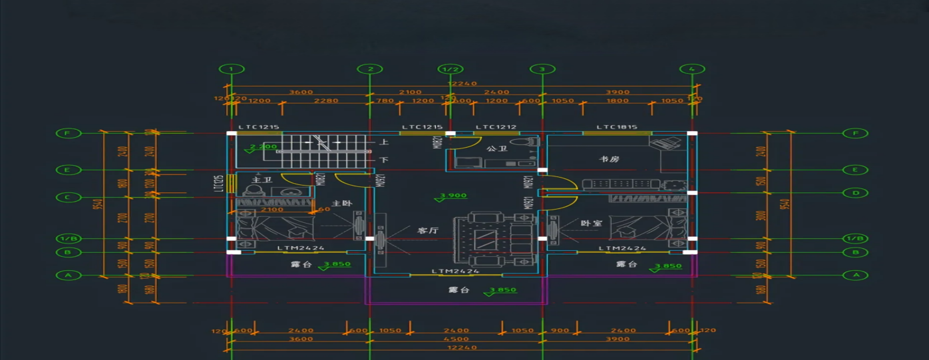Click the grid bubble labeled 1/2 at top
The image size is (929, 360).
pyautogui.click(x=451, y=69)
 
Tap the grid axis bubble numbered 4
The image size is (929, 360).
pyautogui.click(x=692, y=69)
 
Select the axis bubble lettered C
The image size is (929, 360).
pyautogui.click(x=67, y=197)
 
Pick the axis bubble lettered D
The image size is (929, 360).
pyautogui.click(x=855, y=193)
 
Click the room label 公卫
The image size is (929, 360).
pyautogui.click(x=497, y=148)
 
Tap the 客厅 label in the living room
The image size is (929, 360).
pyautogui.click(x=427, y=230)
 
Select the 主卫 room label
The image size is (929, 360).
pyautogui.click(x=261, y=180)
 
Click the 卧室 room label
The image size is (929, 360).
pyautogui.click(x=591, y=223)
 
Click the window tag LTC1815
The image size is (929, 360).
pyautogui.click(x=617, y=127)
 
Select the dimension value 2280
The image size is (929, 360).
pyautogui.click(x=326, y=101)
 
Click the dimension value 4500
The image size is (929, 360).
pyautogui.click(x=456, y=339)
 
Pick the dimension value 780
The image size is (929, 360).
pyautogui.click(x=385, y=101)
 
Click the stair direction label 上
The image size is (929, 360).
pyautogui.click(x=384, y=142)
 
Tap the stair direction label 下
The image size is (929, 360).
pyautogui.click(x=384, y=160)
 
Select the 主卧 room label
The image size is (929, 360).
pyautogui.click(x=342, y=203)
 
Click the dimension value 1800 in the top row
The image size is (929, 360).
pyautogui.click(x=618, y=101)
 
